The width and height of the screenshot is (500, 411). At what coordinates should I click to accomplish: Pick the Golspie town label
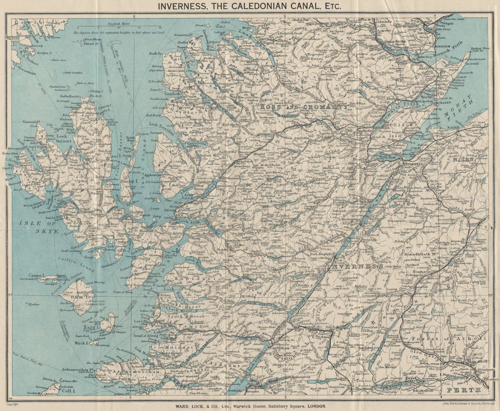pos(444,23)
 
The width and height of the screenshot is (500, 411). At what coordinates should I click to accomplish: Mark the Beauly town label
pos(359,159)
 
